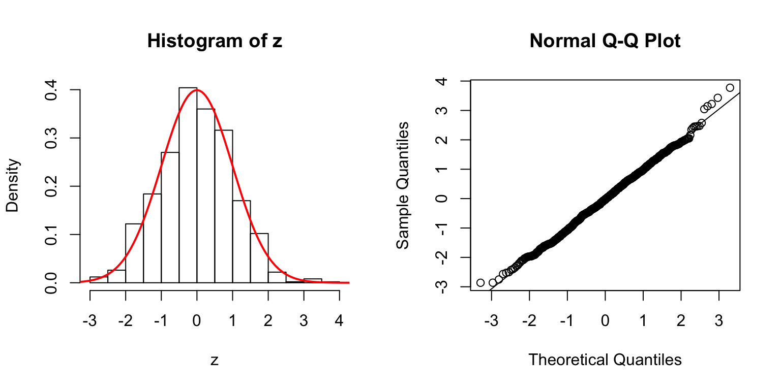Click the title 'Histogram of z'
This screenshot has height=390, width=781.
tap(215, 41)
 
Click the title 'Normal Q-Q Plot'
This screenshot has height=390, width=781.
tap(605, 41)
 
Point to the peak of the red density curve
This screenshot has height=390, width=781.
tap(197, 90)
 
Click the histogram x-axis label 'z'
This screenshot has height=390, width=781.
tap(215, 361)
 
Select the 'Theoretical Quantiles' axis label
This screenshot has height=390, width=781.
tap(605, 360)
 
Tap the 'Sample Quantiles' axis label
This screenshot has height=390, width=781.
tap(403, 185)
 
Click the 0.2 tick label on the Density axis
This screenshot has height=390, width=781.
tap(51, 186)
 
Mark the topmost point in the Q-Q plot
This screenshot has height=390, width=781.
tap(730, 88)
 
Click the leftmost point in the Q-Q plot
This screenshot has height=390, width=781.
tap(480, 282)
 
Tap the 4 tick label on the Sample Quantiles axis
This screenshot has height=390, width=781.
tap(444, 81)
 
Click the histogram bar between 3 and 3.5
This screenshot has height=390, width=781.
tap(313, 281)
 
